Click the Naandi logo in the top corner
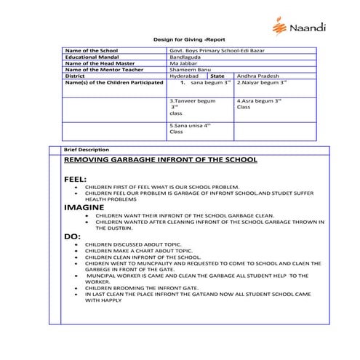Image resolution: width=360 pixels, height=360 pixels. (x=299, y=27)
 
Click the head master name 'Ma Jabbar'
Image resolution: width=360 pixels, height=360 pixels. (x=182, y=66)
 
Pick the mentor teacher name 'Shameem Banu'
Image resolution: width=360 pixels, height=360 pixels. (x=188, y=73)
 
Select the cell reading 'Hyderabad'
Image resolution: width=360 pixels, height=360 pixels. (x=183, y=81)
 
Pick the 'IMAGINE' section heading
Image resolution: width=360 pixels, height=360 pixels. (x=84, y=207)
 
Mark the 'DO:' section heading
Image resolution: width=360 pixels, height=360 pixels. (x=73, y=236)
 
